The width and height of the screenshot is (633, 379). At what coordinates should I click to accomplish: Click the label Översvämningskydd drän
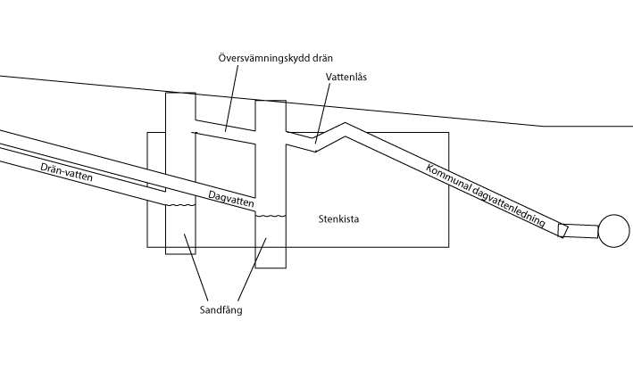point(276,59)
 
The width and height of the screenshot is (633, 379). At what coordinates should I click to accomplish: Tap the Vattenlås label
point(346,77)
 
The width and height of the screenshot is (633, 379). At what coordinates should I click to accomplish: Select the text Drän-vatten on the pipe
point(67,172)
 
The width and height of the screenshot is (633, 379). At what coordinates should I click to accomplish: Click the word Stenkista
point(338,219)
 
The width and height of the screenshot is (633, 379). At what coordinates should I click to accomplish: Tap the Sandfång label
point(221,310)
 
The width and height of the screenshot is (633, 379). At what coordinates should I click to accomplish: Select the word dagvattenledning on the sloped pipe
point(508,207)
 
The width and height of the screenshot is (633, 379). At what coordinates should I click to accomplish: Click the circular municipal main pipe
point(613,231)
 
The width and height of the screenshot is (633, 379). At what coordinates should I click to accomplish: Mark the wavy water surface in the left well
point(180,205)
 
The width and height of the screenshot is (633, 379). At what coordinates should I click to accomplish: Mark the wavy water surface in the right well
point(271,216)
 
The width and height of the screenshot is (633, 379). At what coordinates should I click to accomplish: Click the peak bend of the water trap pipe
point(346,123)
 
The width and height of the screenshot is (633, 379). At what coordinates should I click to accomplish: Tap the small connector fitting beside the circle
point(562,231)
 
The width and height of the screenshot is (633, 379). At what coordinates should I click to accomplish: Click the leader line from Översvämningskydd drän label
point(232,98)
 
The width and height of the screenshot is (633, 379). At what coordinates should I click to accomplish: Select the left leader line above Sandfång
point(196,267)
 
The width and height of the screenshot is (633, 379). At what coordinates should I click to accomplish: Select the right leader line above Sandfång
point(252,269)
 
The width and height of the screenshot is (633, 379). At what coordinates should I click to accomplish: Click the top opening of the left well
point(180,93)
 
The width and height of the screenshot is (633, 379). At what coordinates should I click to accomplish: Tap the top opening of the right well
point(271,101)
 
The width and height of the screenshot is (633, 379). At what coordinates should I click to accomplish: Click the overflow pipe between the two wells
point(225,131)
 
